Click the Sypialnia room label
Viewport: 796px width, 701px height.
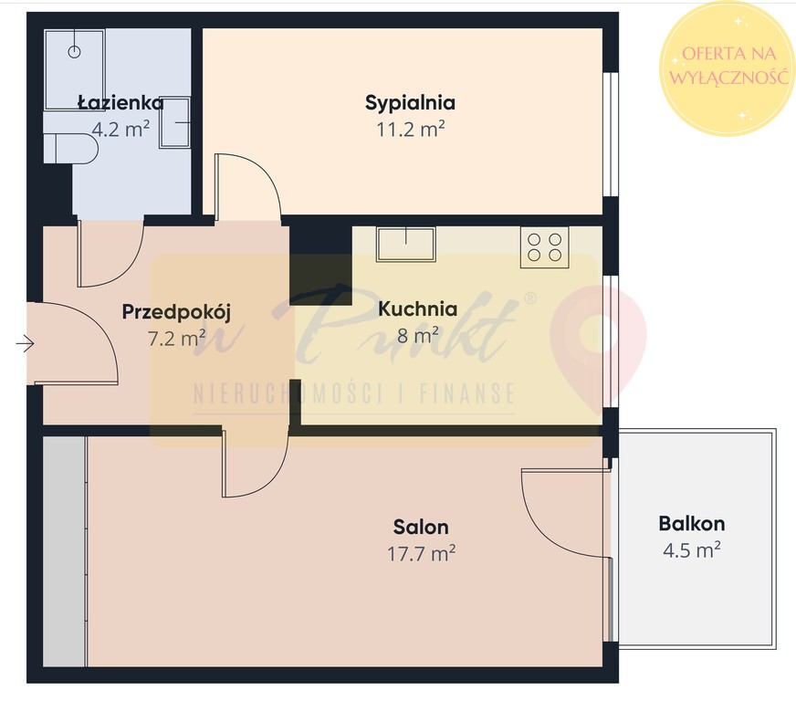pyautogui.click(x=410, y=103)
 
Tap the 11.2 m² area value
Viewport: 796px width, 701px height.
pyautogui.click(x=410, y=130)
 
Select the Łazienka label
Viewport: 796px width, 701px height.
pyautogui.click(x=120, y=102)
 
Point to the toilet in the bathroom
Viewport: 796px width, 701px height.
pyautogui.click(x=70, y=148)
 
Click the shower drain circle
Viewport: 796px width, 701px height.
pyautogui.click(x=74, y=52)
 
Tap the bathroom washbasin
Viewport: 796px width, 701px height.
pyautogui.click(x=175, y=122)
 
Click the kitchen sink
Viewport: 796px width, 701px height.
pyautogui.click(x=405, y=244)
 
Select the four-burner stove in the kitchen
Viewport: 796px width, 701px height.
pyautogui.click(x=544, y=247)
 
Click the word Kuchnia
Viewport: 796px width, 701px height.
pyautogui.click(x=417, y=309)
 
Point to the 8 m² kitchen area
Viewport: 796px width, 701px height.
pyautogui.click(x=417, y=335)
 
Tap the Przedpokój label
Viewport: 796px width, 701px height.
pyautogui.click(x=176, y=311)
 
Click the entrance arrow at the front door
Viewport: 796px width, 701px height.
pyautogui.click(x=25, y=343)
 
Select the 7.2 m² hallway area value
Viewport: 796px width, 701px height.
pyautogui.click(x=176, y=338)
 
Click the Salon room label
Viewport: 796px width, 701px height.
pyautogui.click(x=421, y=527)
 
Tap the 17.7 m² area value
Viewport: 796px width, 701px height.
pyautogui.click(x=421, y=553)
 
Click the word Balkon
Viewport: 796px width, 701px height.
pyautogui.click(x=691, y=523)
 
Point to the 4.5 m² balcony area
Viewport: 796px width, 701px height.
pyautogui.click(x=691, y=549)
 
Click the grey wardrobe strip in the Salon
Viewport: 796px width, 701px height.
pyautogui.click(x=65, y=551)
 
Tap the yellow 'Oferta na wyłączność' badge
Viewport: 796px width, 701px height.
pyautogui.click(x=728, y=68)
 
